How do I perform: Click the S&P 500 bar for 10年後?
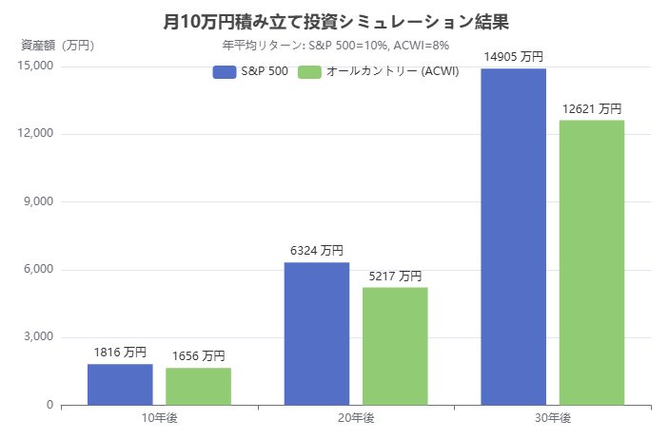click(120, 385)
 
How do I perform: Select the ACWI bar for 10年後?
click(198, 387)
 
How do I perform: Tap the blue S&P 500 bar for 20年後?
click(317, 334)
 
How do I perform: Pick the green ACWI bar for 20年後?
click(395, 346)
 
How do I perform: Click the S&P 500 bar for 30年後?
click(514, 237)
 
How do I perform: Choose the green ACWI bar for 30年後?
click(592, 262)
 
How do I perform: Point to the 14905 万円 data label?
click(514, 56)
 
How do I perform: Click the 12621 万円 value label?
click(592, 108)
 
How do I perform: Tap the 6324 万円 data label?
click(317, 251)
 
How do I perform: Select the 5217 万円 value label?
click(395, 276)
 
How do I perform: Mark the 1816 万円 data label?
click(120, 353)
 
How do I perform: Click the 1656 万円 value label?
click(198, 356)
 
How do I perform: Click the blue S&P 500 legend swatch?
click(225, 72)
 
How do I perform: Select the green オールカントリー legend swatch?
click(309, 72)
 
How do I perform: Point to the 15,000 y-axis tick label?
click(36, 66)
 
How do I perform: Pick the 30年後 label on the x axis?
click(553, 418)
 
